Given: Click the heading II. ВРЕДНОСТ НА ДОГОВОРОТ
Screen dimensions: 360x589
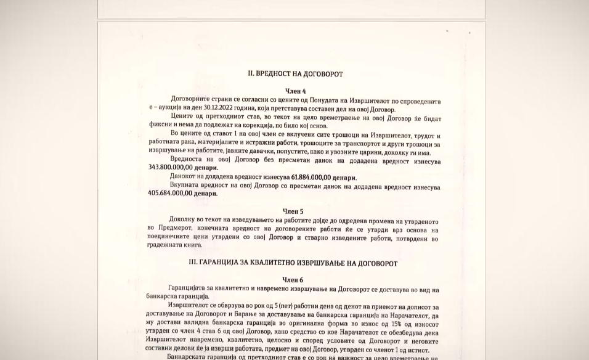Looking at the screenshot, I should click(295, 74).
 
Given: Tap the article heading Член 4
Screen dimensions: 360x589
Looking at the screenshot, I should click(295, 91).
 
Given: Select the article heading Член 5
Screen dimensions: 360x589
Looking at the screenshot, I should click(293, 211).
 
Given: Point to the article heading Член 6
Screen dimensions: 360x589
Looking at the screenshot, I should click(292, 280).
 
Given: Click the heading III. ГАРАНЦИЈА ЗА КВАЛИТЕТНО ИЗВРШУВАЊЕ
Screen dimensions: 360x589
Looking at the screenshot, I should click(293, 263).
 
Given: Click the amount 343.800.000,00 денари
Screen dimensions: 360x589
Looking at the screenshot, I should click(183, 168).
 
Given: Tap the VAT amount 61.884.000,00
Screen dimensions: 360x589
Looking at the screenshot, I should click(311, 178).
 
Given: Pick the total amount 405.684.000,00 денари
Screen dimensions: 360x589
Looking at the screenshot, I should click(182, 194).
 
